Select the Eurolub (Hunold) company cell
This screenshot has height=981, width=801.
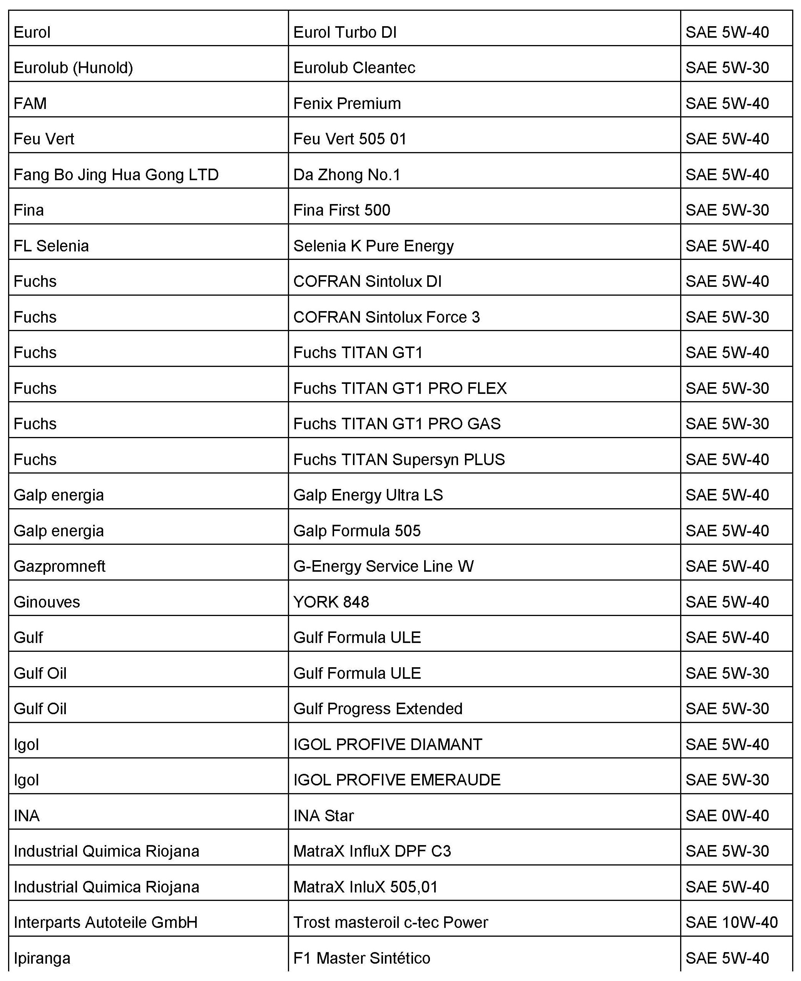tap(74, 68)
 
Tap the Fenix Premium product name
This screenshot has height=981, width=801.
tap(347, 103)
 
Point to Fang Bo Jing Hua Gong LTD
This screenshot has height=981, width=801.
tap(116, 174)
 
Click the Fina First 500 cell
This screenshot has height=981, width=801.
tap(341, 210)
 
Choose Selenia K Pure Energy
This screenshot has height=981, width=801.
tap(373, 246)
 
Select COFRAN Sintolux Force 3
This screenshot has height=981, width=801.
tap(386, 317)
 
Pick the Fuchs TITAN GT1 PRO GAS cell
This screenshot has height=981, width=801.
tap(397, 424)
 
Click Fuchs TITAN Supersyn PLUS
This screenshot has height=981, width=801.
tap(399, 459)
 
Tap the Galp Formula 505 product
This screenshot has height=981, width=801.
tap(357, 531)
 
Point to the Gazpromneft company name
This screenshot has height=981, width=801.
tap(60, 566)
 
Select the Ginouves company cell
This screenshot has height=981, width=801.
tap(47, 602)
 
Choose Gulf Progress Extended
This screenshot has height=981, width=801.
tap(378, 708)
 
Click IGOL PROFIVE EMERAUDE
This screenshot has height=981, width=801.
tap(397, 780)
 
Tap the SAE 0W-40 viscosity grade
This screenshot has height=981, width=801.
tap(727, 815)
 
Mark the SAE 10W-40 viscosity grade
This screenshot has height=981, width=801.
tap(731, 922)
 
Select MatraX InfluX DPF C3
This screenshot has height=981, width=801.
tap(372, 851)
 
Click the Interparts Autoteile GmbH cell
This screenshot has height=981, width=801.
tap(106, 922)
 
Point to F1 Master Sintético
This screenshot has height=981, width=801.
tap(362, 958)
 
